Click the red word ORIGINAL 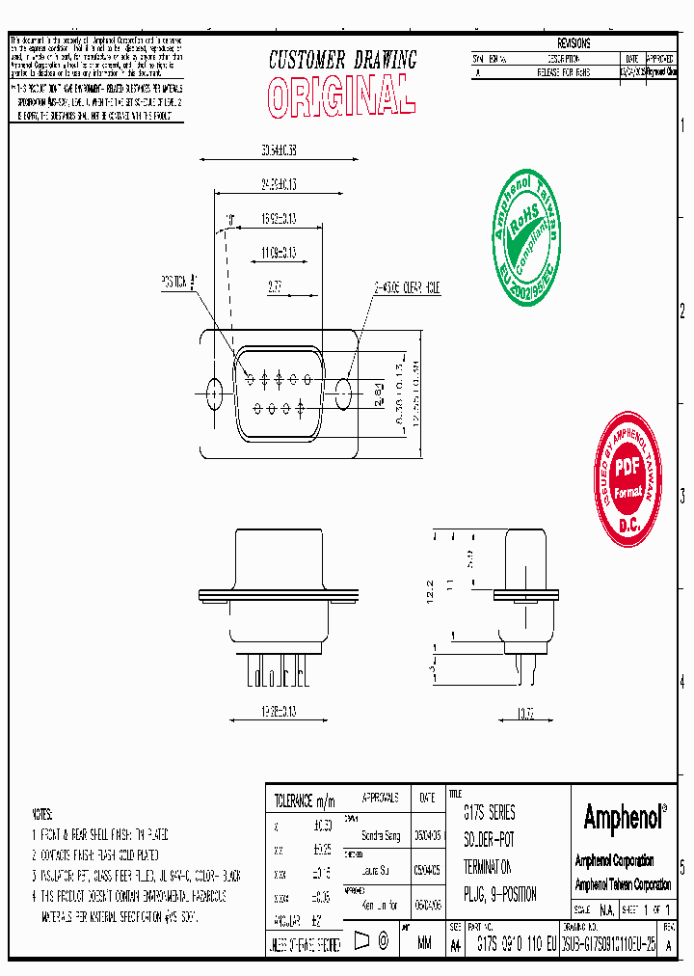[x=341, y=96]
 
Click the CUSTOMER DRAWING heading [x=342, y=60]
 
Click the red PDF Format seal [x=628, y=478]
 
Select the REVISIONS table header [x=574, y=44]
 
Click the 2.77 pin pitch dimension [x=275, y=286]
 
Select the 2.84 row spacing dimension [x=379, y=392]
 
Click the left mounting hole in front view [x=215, y=392]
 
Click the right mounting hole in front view [x=344, y=392]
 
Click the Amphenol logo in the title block [x=624, y=818]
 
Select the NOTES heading [x=43, y=813]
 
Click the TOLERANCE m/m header [x=305, y=799]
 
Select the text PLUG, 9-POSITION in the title [x=499, y=894]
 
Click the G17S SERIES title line [x=490, y=813]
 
